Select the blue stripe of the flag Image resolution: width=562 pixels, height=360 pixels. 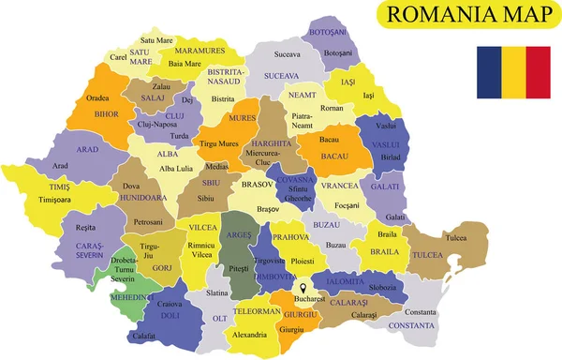(x=489, y=72)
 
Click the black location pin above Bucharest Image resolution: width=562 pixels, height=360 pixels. (x=304, y=289)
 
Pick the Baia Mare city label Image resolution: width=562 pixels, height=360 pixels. (x=185, y=64)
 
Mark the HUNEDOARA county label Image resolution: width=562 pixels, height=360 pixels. (x=142, y=199)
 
